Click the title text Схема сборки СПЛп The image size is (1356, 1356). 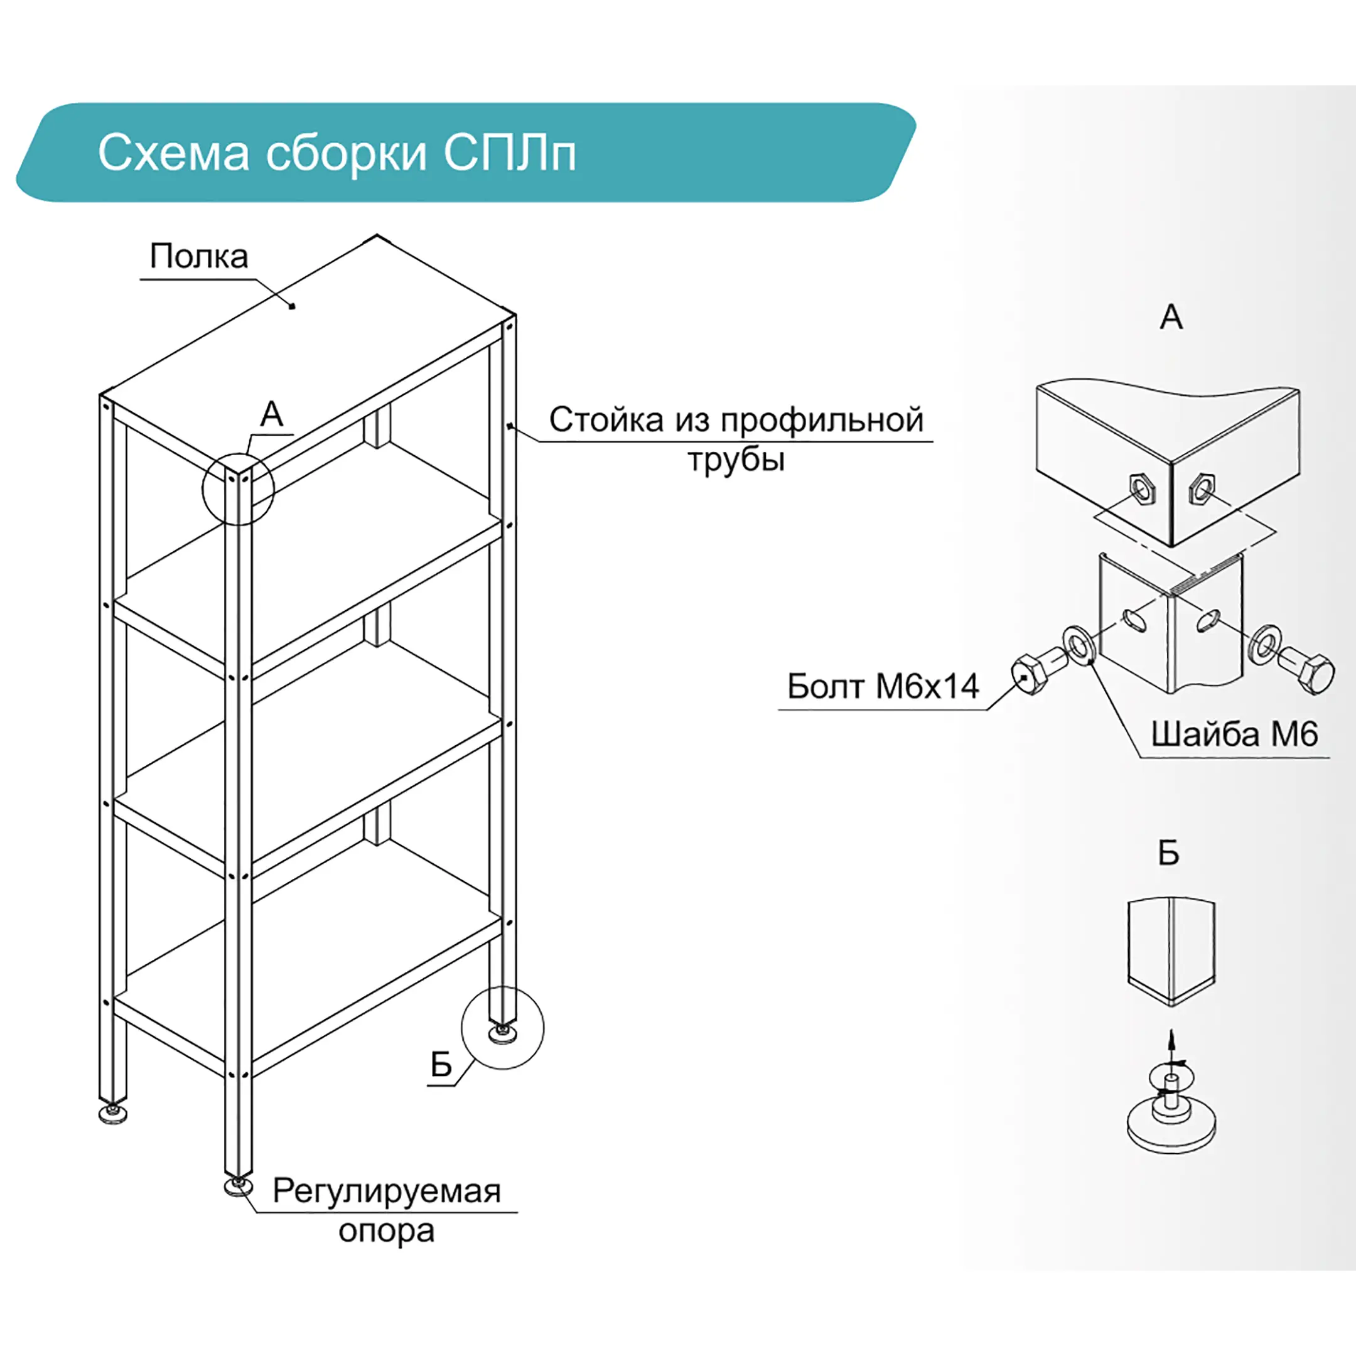pos(337,153)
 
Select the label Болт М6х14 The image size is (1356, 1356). pos(883,686)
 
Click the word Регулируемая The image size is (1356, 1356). pos(387,1191)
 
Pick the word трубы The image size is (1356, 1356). pos(736,460)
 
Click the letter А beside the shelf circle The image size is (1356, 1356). pos(272,414)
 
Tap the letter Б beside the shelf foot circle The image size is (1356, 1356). pos(441,1065)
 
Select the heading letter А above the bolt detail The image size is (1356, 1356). pos(1171,317)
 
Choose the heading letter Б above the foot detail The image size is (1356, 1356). pos(1168,853)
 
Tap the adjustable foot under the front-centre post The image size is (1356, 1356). pos(239,1185)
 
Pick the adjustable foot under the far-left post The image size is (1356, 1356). pos(112,1113)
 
